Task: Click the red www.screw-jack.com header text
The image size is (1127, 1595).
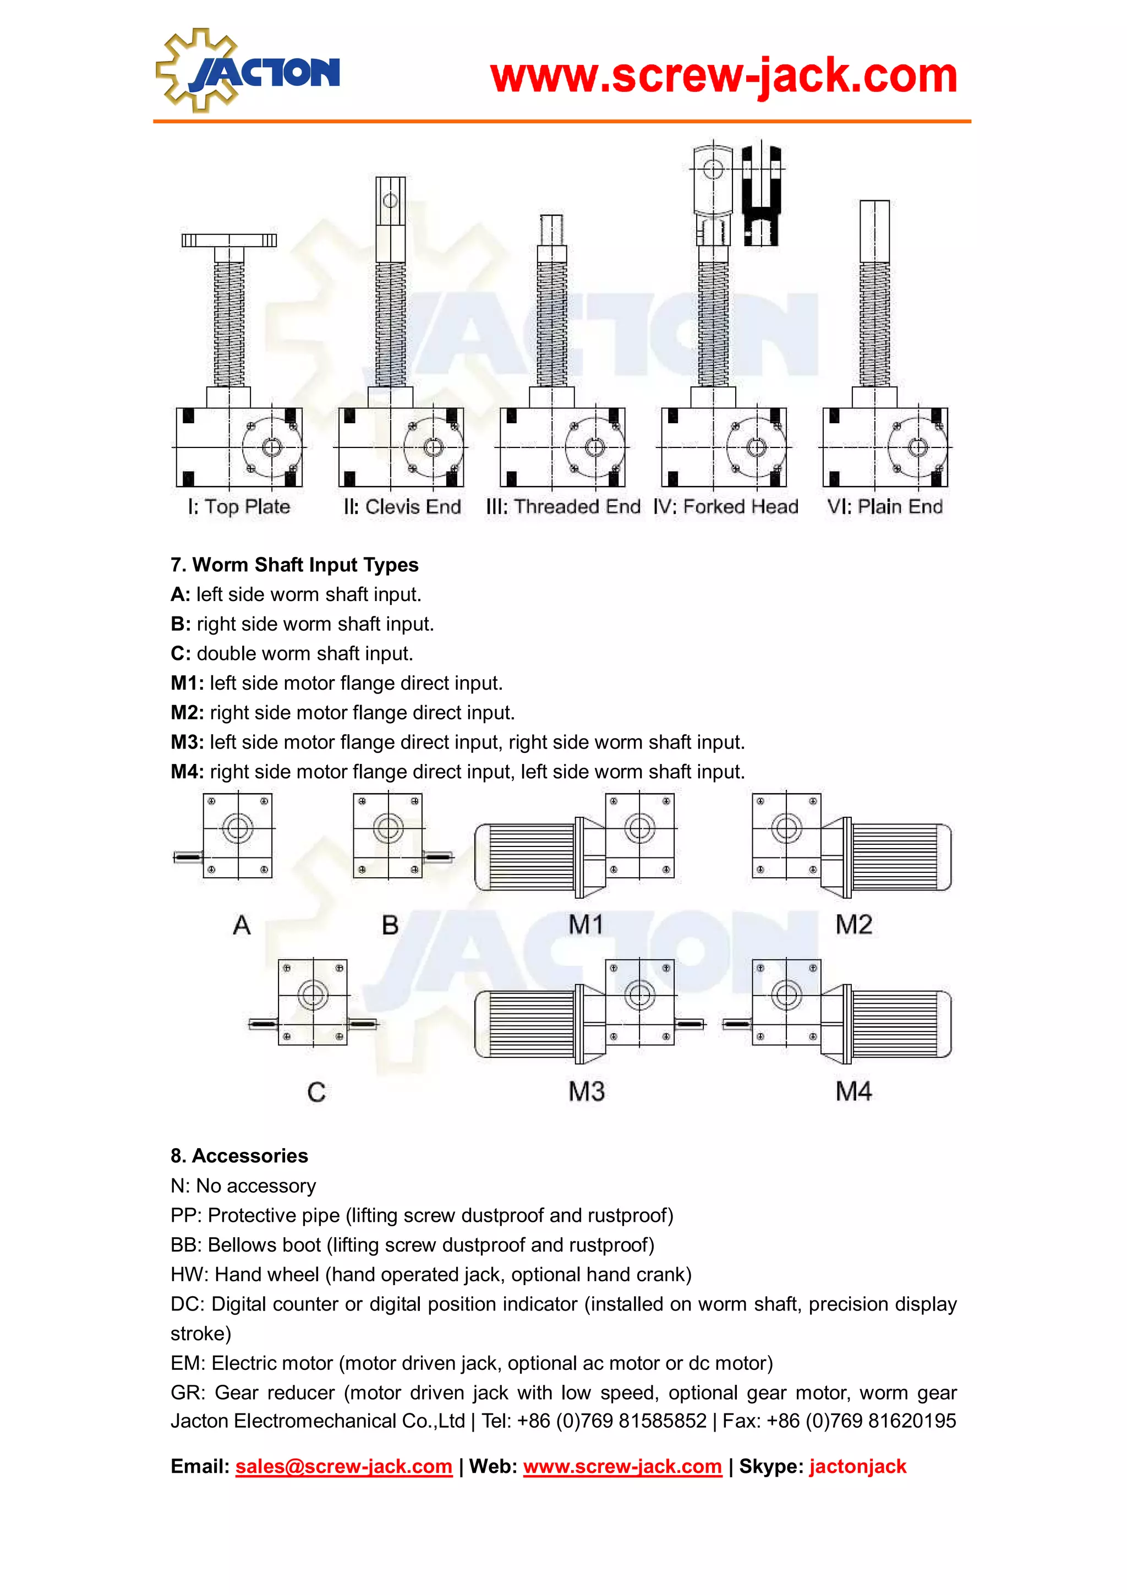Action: tap(723, 76)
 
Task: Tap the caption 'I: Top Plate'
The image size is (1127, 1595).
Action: tap(239, 506)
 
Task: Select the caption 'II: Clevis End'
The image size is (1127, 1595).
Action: tap(402, 506)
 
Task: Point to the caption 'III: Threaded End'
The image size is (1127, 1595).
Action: tap(563, 506)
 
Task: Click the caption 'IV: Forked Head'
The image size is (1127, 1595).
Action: tap(726, 506)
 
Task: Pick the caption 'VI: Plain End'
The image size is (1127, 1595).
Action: tap(885, 506)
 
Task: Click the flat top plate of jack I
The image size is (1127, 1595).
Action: tap(228, 241)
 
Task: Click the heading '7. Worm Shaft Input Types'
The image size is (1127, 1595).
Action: tap(294, 565)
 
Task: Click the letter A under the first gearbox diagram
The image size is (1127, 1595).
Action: tap(242, 925)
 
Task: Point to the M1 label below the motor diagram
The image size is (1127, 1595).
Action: tap(586, 925)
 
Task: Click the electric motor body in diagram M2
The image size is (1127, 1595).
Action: tap(899, 856)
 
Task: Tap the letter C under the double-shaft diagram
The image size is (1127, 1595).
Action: tap(316, 1092)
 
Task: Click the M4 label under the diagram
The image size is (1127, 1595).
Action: tap(854, 1091)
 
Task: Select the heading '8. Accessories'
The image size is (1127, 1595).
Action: tap(239, 1155)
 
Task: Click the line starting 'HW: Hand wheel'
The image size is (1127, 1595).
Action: tap(430, 1274)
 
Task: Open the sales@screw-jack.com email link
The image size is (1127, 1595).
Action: tap(344, 1466)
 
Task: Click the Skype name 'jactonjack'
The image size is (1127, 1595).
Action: tap(857, 1466)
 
